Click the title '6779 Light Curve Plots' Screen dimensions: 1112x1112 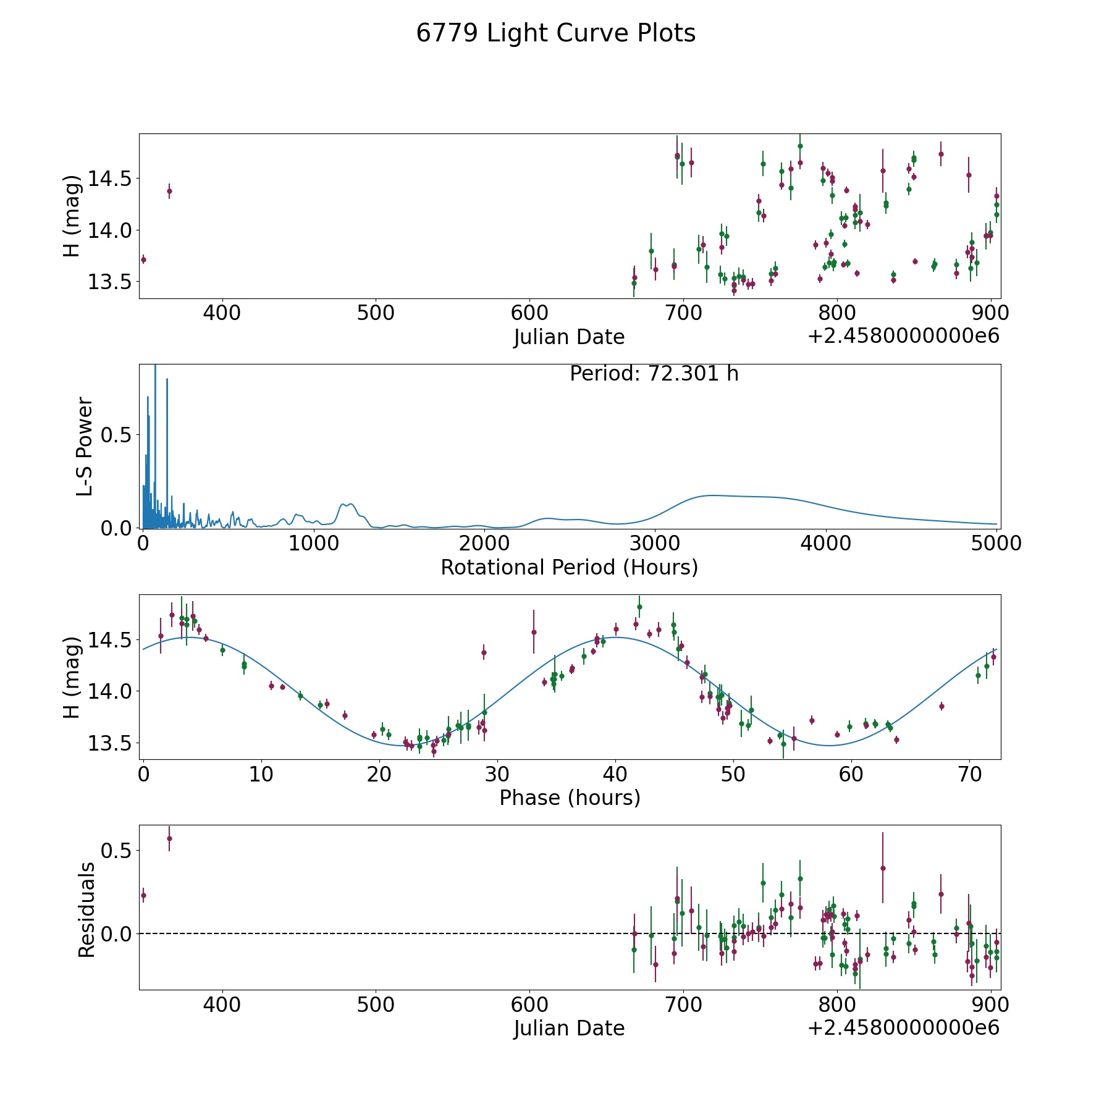point(555,33)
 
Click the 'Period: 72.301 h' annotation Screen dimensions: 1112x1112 point(654,374)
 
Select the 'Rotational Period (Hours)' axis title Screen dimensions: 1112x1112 point(569,567)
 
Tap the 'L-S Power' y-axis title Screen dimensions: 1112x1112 point(85,447)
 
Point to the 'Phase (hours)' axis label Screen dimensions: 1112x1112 point(570,798)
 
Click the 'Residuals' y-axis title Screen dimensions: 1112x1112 point(86,909)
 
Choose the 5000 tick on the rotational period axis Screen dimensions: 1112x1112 point(996,544)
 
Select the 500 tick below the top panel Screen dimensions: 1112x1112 point(376,313)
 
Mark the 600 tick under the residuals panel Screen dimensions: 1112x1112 point(529,1005)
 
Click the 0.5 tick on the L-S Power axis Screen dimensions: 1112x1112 point(117,436)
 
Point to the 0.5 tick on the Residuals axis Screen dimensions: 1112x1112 point(117,851)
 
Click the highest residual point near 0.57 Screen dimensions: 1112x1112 point(169,838)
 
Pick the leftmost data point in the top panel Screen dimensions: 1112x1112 point(143,259)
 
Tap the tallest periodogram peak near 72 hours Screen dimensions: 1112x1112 point(155,368)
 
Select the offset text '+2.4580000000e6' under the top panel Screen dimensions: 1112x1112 point(903,337)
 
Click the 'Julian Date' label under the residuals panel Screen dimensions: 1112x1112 point(569,1029)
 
